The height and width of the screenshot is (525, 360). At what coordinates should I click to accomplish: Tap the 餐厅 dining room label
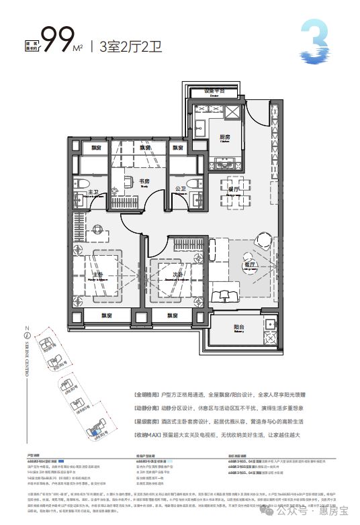point(234,190)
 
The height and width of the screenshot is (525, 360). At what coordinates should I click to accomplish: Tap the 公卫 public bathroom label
point(179,190)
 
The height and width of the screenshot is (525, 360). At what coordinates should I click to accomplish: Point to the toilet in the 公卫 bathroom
point(194,185)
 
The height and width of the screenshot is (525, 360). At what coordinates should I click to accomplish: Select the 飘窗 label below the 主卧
point(98,316)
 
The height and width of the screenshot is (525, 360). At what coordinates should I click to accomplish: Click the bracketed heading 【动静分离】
point(151,406)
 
